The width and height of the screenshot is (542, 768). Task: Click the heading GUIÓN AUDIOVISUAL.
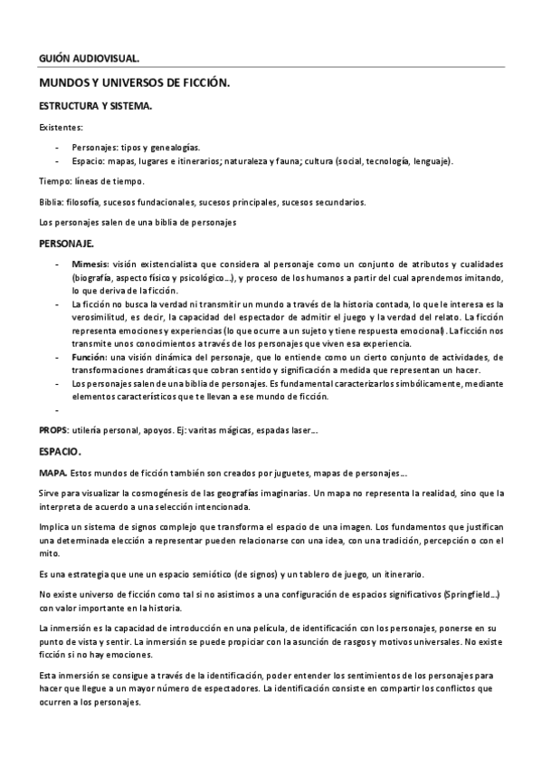point(90,59)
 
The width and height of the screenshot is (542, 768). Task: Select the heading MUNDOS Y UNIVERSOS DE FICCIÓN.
point(134,82)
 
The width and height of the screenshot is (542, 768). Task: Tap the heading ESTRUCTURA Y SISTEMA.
point(95,106)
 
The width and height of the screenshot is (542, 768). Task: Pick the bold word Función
point(90,359)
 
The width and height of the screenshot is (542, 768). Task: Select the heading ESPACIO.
point(61,451)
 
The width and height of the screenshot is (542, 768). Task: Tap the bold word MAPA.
point(53,473)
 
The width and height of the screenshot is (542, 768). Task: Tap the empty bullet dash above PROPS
point(57,408)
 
